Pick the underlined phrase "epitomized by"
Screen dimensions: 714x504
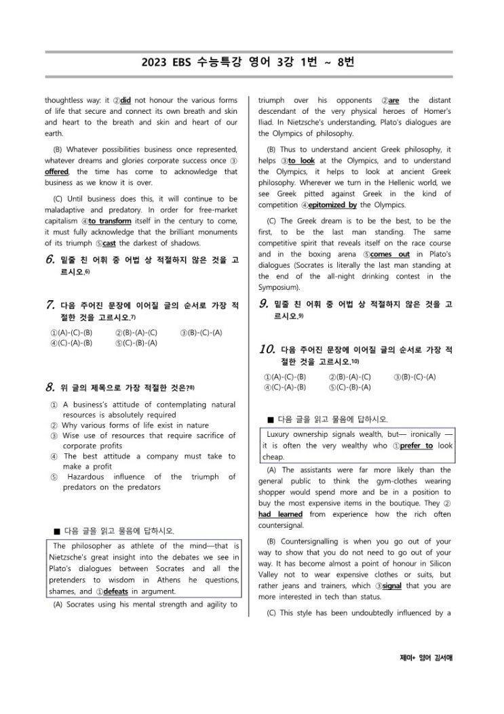[x=332, y=205]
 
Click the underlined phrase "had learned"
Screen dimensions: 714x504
[x=281, y=514]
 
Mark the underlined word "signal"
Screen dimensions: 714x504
[x=393, y=585]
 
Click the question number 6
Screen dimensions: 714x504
[x=50, y=259]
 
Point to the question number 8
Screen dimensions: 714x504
[x=50, y=387]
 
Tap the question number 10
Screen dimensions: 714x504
[x=267, y=350]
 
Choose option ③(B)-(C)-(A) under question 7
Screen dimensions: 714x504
[x=201, y=332]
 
